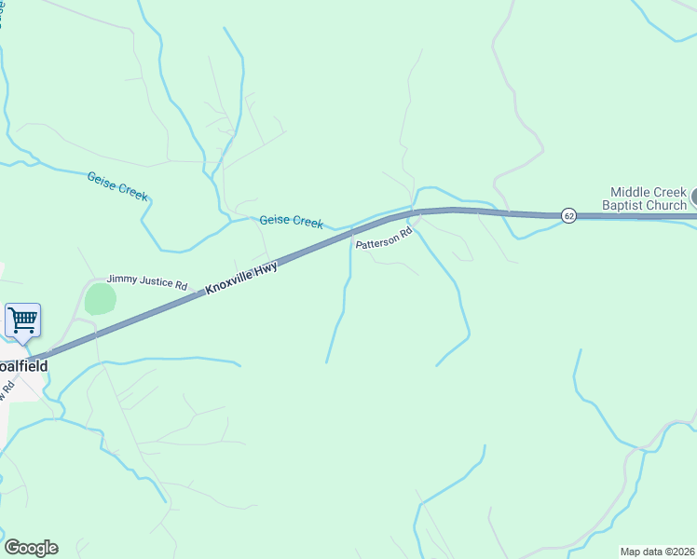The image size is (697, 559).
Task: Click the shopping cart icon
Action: [x=22, y=320]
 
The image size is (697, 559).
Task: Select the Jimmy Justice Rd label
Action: [x=147, y=279]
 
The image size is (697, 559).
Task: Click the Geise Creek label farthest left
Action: [x=117, y=186]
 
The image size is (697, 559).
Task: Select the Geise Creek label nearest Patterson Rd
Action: [x=291, y=221]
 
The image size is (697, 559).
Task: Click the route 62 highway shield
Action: [x=568, y=215]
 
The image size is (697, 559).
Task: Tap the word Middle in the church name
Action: [x=630, y=191]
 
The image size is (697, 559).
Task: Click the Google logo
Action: [x=31, y=548]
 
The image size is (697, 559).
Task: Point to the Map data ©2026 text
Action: [x=657, y=552]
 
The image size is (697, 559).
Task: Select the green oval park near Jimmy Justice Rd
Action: [x=100, y=300]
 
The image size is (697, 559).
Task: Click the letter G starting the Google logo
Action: [x=11, y=548]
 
